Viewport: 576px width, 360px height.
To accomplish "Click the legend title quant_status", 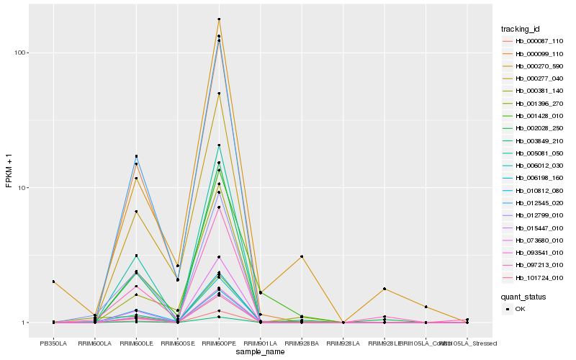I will point(524,296).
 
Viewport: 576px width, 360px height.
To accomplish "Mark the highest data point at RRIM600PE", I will point(219,19).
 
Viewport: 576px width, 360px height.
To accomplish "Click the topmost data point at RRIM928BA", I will point(302,256).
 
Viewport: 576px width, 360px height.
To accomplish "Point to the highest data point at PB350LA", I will point(53,282).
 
